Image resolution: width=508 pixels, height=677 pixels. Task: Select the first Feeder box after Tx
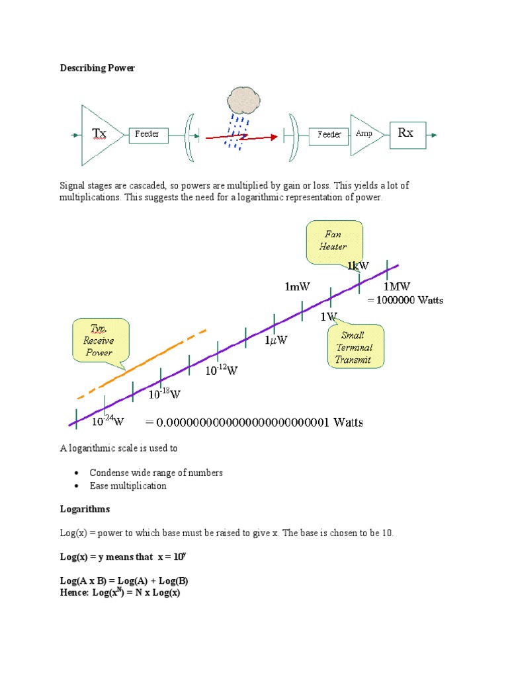pos(147,134)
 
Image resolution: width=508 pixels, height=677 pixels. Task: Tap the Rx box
pos(405,134)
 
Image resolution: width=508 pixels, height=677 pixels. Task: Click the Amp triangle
pos(364,134)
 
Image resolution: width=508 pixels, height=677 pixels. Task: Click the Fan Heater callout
pos(334,241)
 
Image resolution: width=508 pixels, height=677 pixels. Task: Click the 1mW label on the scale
pos(298,286)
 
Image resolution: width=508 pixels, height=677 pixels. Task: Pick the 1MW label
pos(397,286)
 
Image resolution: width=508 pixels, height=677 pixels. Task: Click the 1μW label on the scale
pos(276,340)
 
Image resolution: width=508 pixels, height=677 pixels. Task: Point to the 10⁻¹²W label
pos(221,371)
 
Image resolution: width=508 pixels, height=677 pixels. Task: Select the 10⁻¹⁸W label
pos(164,395)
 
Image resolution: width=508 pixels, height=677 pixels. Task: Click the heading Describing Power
pos(97,68)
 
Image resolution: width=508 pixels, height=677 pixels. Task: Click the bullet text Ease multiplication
pos(128,486)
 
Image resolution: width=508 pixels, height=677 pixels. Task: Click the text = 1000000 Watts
pos(405,300)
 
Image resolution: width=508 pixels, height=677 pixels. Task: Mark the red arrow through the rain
pos(241,138)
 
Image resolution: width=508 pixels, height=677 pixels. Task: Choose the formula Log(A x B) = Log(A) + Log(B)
pos(124,580)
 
